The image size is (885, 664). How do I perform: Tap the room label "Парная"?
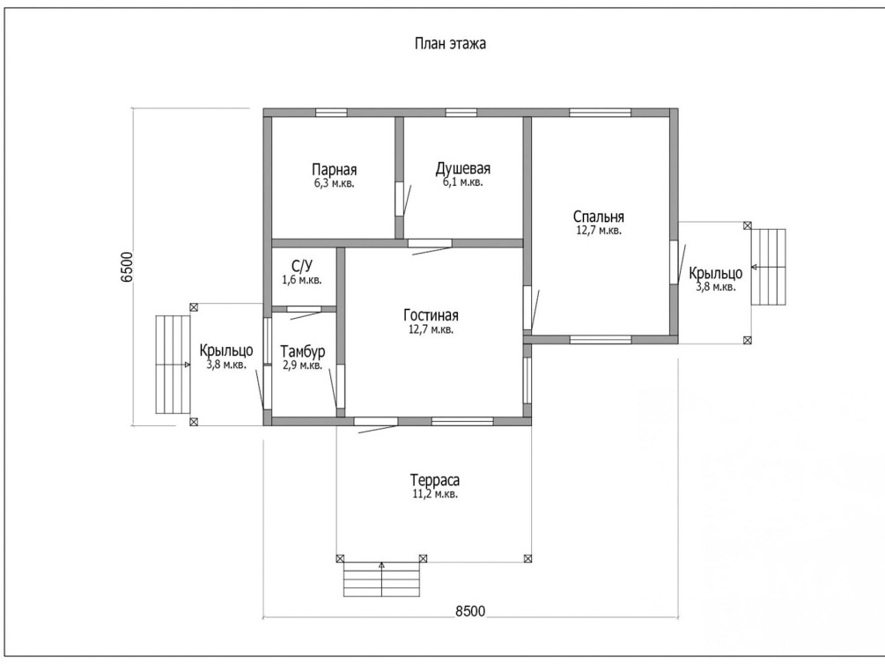coord(334,170)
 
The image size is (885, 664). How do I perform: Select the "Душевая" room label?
coord(462,170)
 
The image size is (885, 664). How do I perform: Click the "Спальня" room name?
coord(598,218)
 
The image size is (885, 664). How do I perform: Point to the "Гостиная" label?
coord(431,316)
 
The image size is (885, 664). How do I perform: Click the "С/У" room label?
coord(302,266)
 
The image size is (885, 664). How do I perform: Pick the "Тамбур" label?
coord(302,350)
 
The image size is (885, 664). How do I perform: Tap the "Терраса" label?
coord(435,481)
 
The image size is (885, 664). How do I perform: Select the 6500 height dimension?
coord(127,266)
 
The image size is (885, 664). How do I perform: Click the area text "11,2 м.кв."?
coord(434,495)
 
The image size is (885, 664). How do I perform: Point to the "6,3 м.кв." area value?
coord(334,184)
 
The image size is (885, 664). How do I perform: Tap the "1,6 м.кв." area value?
coord(302,280)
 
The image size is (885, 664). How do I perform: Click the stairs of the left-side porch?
coord(173,364)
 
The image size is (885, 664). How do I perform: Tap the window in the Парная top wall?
coord(331,112)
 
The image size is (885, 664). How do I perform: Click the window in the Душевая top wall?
coord(461,112)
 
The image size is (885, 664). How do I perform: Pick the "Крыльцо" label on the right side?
coord(715,273)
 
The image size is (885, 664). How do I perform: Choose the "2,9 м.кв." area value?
coord(302,365)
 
